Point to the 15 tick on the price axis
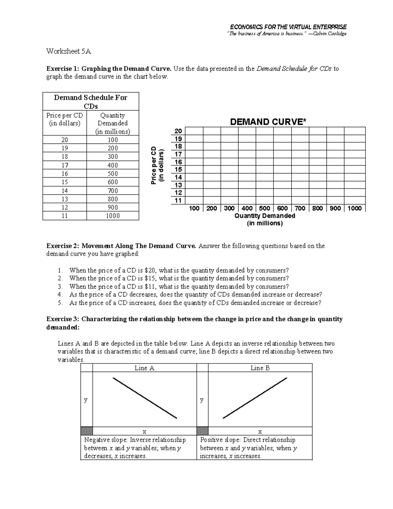[178, 169]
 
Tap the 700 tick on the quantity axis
[300, 208]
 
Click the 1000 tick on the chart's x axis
[354, 208]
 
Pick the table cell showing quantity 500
[113, 174]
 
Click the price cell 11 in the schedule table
[65, 216]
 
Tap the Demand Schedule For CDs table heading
[91, 102]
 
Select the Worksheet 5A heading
[68, 51]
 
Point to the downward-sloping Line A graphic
[145, 398]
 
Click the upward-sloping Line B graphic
[255, 398]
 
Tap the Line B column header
[260, 368]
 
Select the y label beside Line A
[86, 400]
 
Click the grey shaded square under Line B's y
[202, 431]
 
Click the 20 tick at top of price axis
[178, 131]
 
